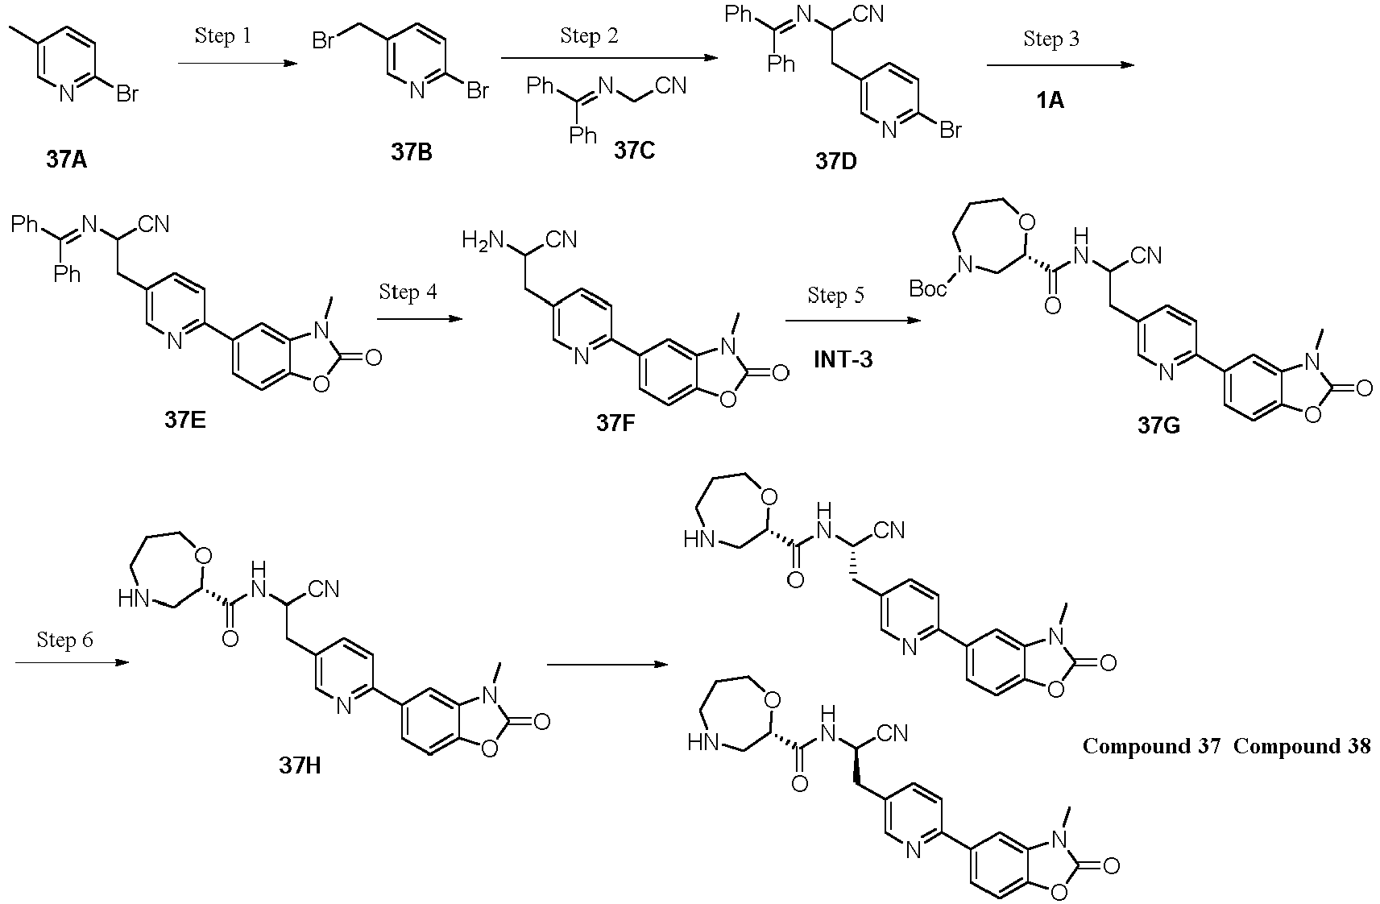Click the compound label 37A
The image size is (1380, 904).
pyautogui.click(x=66, y=160)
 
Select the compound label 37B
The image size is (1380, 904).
pyautogui.click(x=412, y=151)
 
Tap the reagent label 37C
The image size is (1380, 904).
pyautogui.click(x=634, y=150)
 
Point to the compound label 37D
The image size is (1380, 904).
pyautogui.click(x=835, y=161)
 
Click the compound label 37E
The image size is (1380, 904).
pyautogui.click(x=185, y=420)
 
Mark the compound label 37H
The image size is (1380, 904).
pyautogui.click(x=300, y=765)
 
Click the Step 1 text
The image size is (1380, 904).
pyautogui.click(x=223, y=36)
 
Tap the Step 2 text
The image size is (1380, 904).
pyautogui.click(x=590, y=37)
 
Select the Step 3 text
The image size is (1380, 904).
pyautogui.click(x=1051, y=39)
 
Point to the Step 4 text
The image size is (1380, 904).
pyautogui.click(x=408, y=292)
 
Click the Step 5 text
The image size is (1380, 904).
pyautogui.click(x=836, y=296)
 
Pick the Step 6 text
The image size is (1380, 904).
pyautogui.click(x=64, y=640)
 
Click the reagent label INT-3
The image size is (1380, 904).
pyautogui.click(x=843, y=359)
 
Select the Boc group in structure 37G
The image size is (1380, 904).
pyautogui.click(x=928, y=289)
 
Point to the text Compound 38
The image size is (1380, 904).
pyautogui.click(x=1302, y=746)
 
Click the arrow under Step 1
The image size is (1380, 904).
pyautogui.click(x=234, y=63)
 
